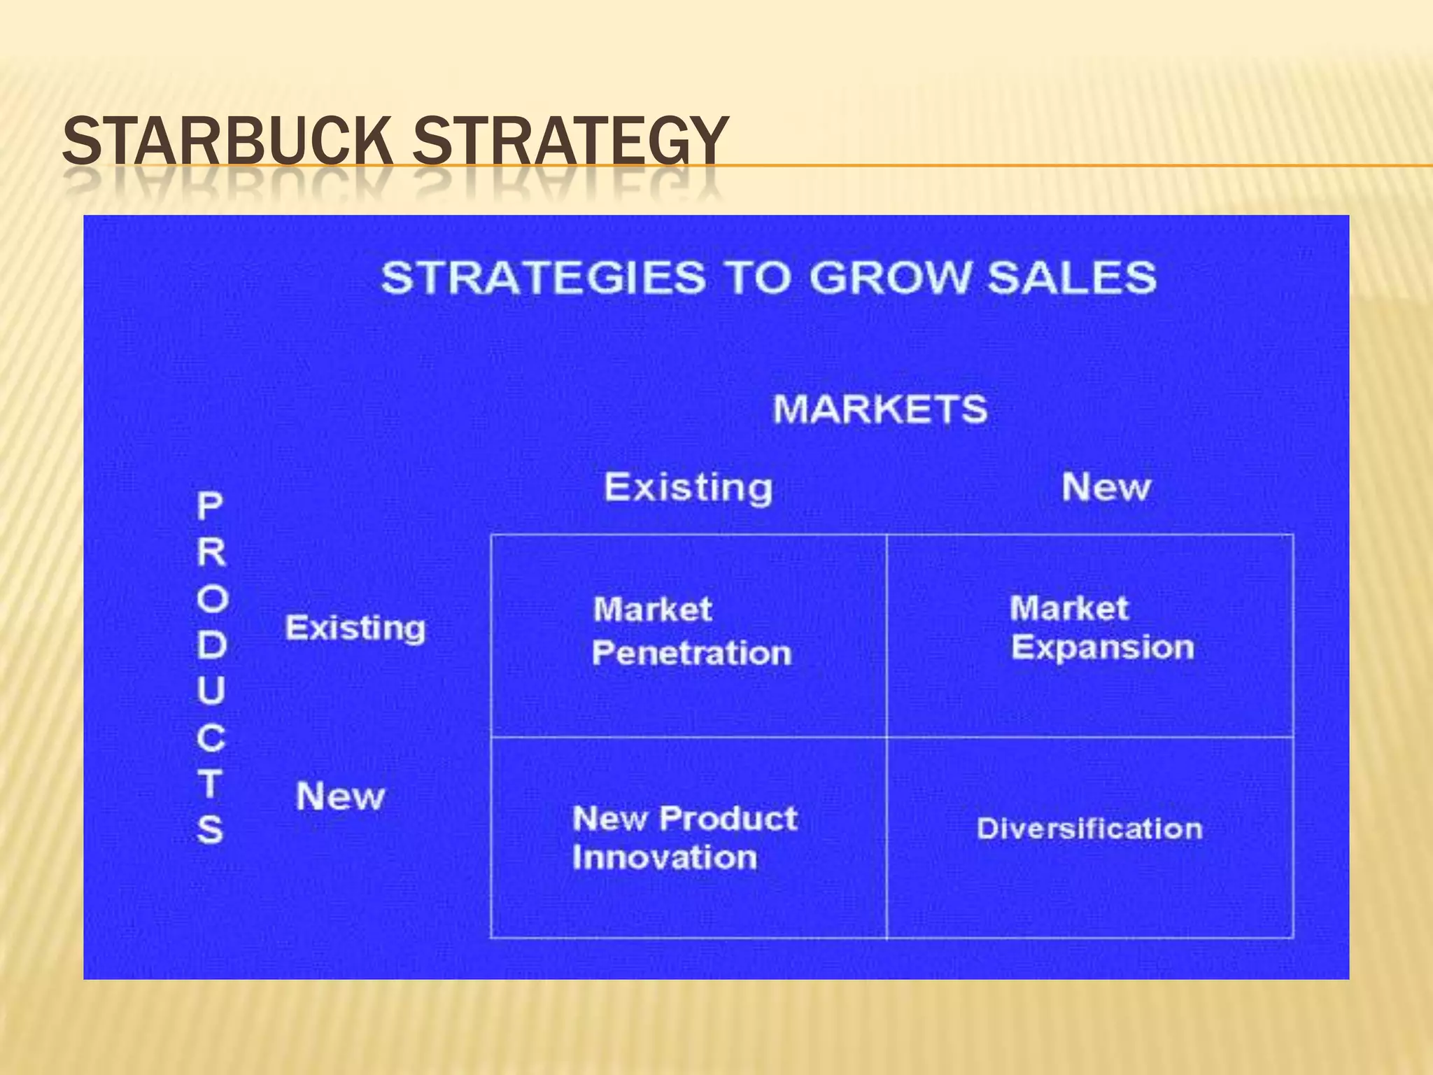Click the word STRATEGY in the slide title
point(570,142)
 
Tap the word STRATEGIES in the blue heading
point(543,277)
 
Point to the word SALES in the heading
point(1071,277)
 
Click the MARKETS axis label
point(880,409)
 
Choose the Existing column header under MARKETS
point(689,487)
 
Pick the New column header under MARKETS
point(1106,487)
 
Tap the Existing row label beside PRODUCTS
point(355,628)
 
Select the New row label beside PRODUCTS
point(340,796)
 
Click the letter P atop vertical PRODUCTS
point(210,506)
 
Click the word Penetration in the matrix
point(691,654)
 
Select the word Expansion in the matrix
point(1102,648)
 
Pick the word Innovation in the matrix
point(664,858)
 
